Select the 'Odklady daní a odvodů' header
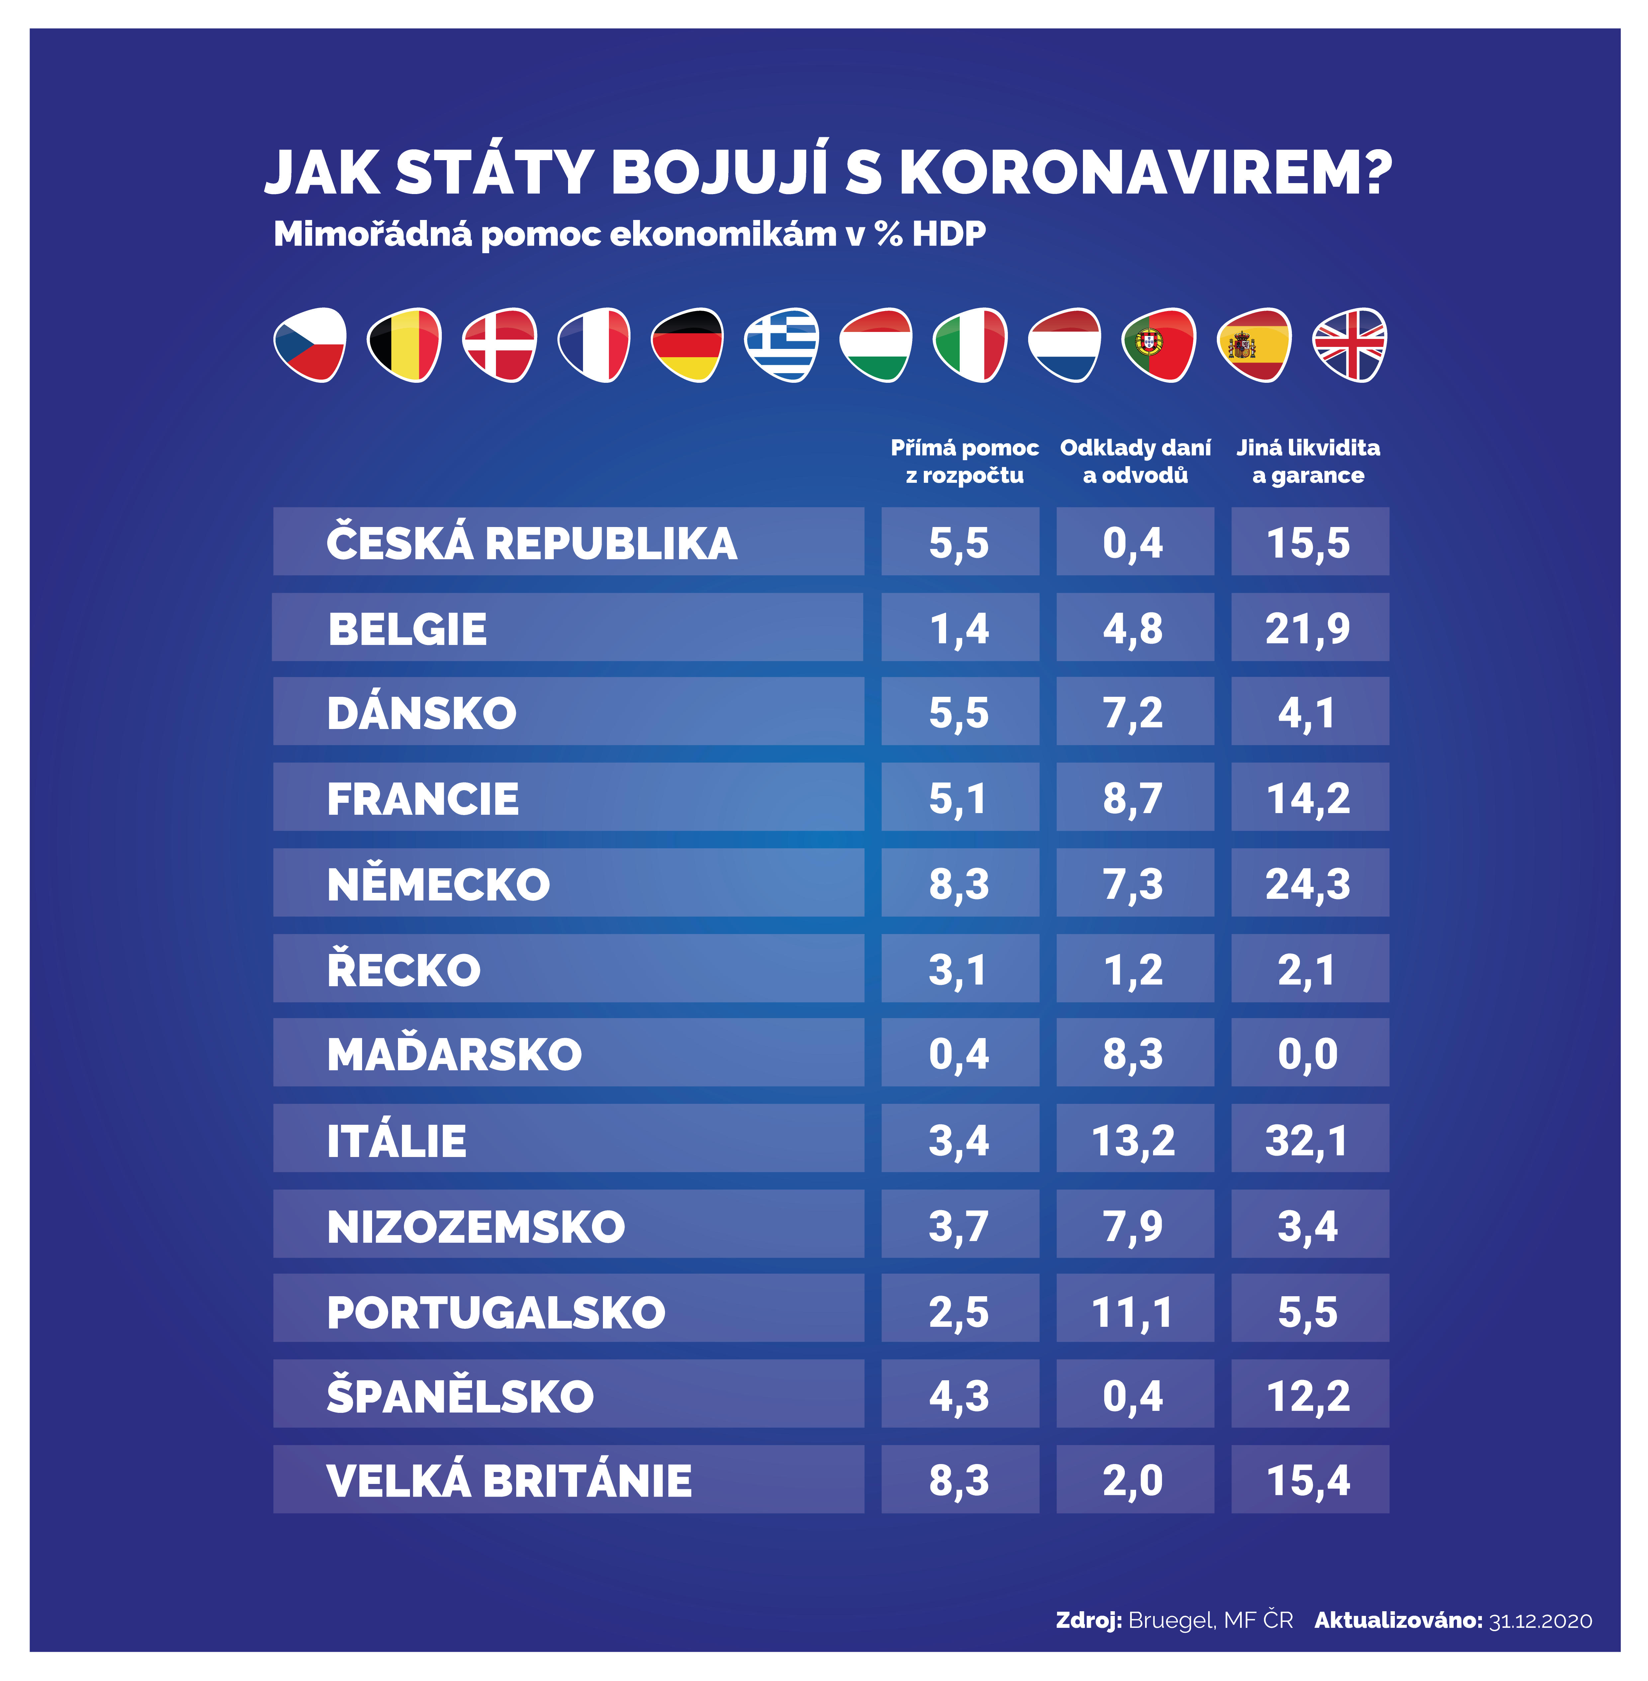[x=1135, y=461]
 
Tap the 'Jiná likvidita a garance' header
[x=1308, y=461]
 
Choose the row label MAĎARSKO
[x=454, y=1054]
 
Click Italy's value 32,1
[x=1307, y=1140]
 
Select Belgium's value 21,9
[x=1307, y=628]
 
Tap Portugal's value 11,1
[x=1133, y=1312]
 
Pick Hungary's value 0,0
[x=1307, y=1054]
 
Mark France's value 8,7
[x=1133, y=798]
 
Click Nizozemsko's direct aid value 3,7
[x=959, y=1226]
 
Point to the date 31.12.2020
[x=1540, y=1621]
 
